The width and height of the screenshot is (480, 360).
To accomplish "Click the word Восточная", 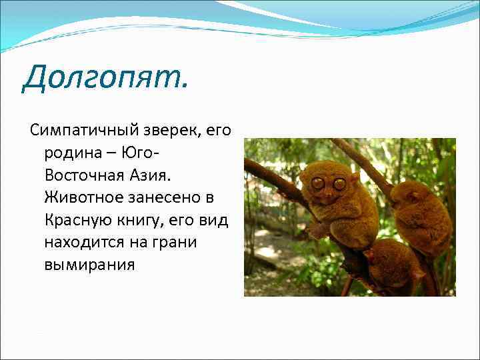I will point(83,175).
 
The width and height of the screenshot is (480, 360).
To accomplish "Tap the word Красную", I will point(75,220).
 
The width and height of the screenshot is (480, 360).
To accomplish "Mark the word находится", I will point(85,242).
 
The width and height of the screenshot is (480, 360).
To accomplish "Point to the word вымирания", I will point(89,265).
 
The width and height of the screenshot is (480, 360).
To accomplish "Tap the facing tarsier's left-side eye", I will point(317,183).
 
